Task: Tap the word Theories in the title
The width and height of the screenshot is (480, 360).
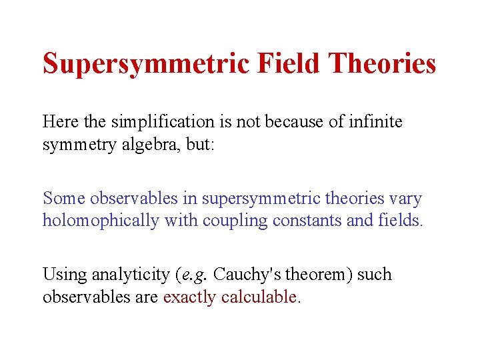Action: click(x=383, y=63)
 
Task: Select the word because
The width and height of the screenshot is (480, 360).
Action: click(x=287, y=122)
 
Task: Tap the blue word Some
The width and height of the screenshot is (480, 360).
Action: click(x=63, y=198)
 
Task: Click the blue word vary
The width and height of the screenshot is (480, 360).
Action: click(x=406, y=198)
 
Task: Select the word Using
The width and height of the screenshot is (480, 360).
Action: click(x=63, y=275)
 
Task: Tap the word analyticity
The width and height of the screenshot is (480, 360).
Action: click(x=129, y=275)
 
